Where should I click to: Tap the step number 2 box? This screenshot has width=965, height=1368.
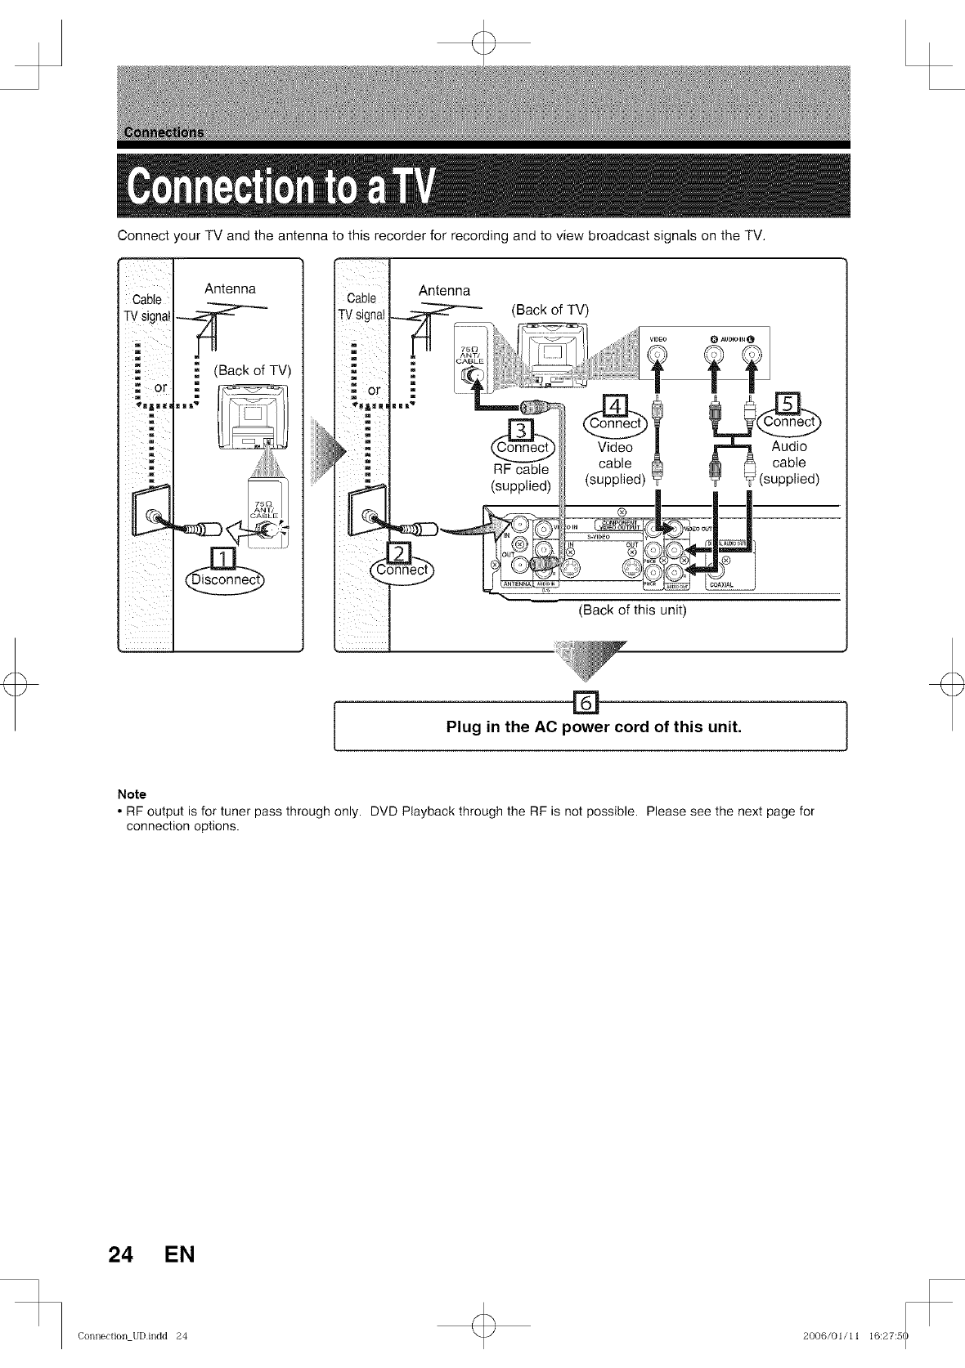pyautogui.click(x=402, y=555)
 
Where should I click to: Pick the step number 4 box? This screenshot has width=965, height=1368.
pyautogui.click(x=614, y=407)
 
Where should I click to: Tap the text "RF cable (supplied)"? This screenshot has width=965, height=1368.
pyautogui.click(x=521, y=477)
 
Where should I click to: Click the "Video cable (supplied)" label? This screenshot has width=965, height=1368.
pyautogui.click(x=615, y=463)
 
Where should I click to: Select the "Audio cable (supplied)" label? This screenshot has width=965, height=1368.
pyautogui.click(x=789, y=463)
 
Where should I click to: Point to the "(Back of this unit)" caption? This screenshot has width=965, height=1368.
pyautogui.click(x=632, y=610)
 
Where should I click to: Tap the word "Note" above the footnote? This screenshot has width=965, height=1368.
pyautogui.click(x=132, y=794)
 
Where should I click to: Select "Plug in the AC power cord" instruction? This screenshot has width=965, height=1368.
pyautogui.click(x=594, y=726)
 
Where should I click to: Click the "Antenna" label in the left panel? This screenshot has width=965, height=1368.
pyautogui.click(x=230, y=288)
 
